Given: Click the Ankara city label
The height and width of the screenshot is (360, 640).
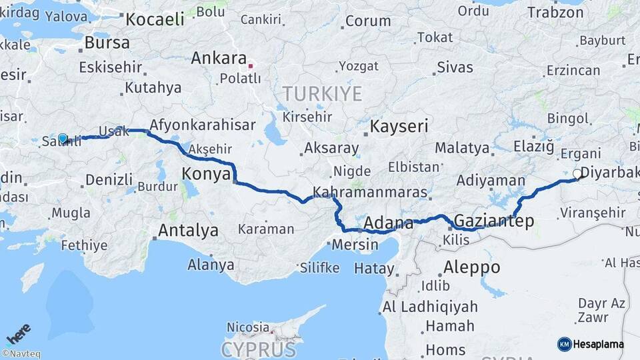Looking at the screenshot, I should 219,59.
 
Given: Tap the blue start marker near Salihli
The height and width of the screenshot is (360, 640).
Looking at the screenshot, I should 63,139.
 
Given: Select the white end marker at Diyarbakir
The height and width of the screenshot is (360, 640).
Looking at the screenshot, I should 577,173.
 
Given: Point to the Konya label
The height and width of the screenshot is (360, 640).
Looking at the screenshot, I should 206,175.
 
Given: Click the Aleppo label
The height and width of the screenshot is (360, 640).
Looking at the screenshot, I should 471,267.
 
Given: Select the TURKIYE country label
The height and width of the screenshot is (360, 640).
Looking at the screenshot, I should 322,93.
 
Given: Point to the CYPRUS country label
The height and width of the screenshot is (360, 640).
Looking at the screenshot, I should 259,349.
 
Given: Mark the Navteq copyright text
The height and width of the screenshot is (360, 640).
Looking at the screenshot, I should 21,354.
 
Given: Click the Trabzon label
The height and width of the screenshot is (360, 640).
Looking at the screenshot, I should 555,12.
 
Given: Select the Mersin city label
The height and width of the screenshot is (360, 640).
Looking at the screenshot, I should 355,244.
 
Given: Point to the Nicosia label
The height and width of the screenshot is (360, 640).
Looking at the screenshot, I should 247,327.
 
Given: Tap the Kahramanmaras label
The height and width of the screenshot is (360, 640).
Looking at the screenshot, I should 369,192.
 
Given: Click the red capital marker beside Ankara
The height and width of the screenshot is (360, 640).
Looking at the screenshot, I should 251,65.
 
